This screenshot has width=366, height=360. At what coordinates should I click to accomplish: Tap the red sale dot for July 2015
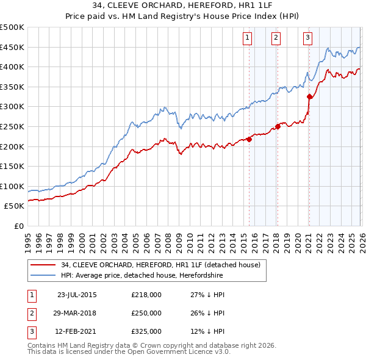[249, 139]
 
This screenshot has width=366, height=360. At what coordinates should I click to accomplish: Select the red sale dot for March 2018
[278, 126]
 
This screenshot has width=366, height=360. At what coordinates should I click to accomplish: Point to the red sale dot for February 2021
[309, 96]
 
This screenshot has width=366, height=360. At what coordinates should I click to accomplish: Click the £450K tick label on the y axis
[12, 47]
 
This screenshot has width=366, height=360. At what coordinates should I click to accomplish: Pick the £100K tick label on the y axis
[12, 186]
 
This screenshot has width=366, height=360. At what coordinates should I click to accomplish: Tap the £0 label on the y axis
[19, 226]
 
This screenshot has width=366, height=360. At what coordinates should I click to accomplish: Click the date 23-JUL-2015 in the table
[77, 295]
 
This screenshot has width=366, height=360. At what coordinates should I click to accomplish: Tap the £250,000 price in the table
[146, 313]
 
